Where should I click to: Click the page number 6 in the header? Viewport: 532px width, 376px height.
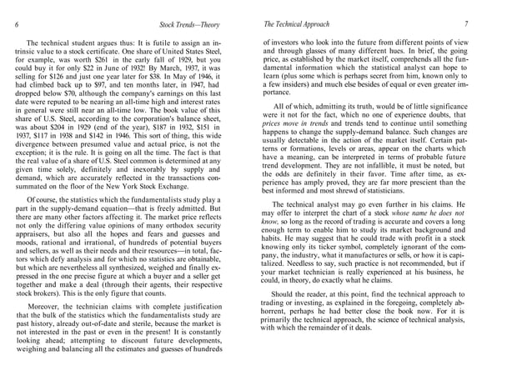tap(18, 24)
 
